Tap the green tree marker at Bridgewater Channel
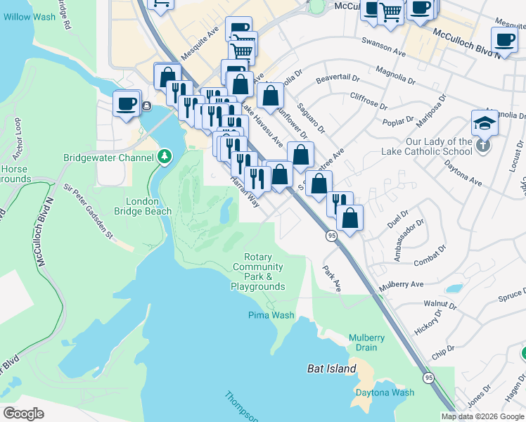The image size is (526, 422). pyautogui.click(x=165, y=156)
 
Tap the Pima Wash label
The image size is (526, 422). pyautogui.click(x=271, y=315)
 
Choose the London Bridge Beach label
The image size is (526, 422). pyautogui.click(x=148, y=206)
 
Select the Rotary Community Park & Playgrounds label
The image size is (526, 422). pyautogui.click(x=257, y=272)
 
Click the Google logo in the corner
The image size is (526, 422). pyautogui.click(x=23, y=413)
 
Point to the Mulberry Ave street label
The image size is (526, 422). pyautogui.click(x=402, y=285)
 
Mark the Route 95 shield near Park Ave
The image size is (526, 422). pyautogui.click(x=331, y=237)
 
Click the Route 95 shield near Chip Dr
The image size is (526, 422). pyautogui.click(x=428, y=378)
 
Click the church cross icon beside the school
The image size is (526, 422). pyautogui.click(x=482, y=145)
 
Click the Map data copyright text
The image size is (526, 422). pyautogui.click(x=482, y=416)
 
